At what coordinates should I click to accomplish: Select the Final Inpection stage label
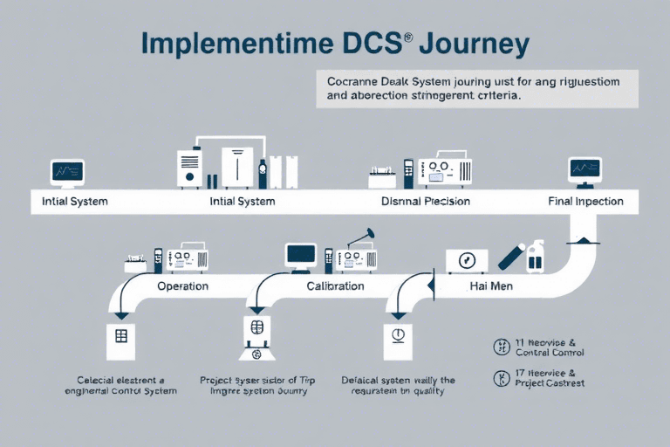click(585, 201)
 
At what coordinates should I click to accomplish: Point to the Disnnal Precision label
click(426, 201)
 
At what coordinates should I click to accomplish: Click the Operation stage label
click(182, 285)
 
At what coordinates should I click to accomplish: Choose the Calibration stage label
click(335, 285)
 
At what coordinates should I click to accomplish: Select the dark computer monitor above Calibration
click(301, 255)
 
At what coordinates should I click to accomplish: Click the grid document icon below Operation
click(120, 340)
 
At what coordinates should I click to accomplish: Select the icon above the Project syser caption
click(256, 337)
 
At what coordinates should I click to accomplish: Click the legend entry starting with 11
click(538, 347)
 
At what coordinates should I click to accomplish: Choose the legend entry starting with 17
click(538, 378)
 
